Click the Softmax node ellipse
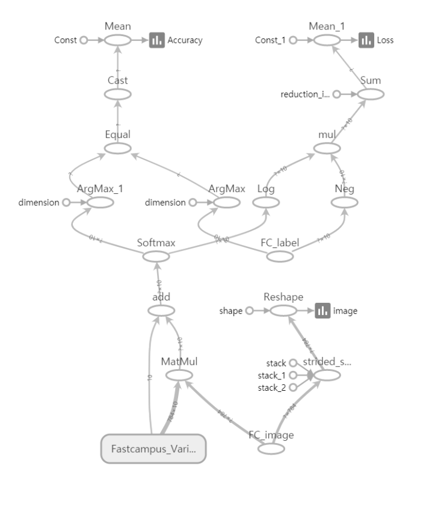click(156, 256)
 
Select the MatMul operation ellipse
click(179, 375)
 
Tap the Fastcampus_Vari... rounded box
click(153, 449)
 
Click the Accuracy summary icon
click(157, 40)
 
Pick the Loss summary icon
click(366, 40)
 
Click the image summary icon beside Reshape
click(322, 311)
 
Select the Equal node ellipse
click(117, 148)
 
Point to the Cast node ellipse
click(117, 94)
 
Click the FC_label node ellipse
click(280, 257)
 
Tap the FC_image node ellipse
click(271, 449)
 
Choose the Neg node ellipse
click(344, 203)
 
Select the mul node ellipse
click(325, 148)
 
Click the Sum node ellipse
click(370, 95)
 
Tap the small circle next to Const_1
click(293, 40)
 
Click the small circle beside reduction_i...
click(337, 95)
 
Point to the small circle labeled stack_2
click(293, 388)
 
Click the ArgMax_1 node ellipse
click(100, 203)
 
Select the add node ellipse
click(161, 311)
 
